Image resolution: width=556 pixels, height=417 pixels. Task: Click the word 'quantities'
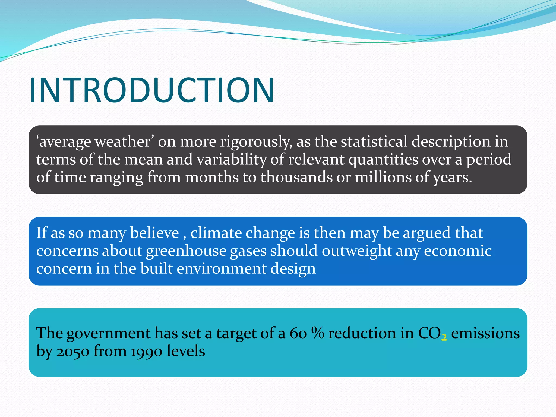(x=383, y=159)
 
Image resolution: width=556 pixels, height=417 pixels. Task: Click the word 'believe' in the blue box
(x=154, y=233)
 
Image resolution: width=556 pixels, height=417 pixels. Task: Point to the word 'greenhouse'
(x=186, y=251)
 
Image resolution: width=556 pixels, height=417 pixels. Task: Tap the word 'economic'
(x=458, y=251)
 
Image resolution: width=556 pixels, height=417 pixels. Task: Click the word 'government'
(x=109, y=333)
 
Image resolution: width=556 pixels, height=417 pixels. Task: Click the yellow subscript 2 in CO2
(x=444, y=337)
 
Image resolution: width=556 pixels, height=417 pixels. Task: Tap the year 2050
(x=73, y=351)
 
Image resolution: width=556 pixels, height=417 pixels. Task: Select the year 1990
(x=147, y=351)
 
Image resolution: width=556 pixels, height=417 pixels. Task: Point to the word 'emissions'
(x=485, y=333)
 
